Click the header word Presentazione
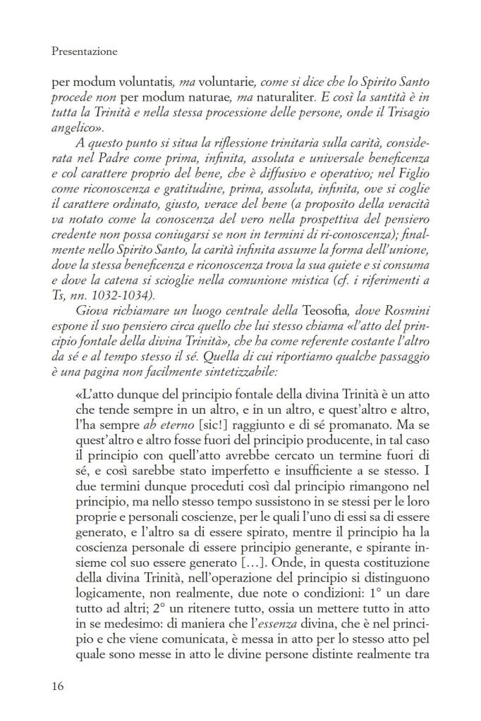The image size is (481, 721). pos(85,51)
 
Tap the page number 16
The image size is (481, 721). pos(59,684)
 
